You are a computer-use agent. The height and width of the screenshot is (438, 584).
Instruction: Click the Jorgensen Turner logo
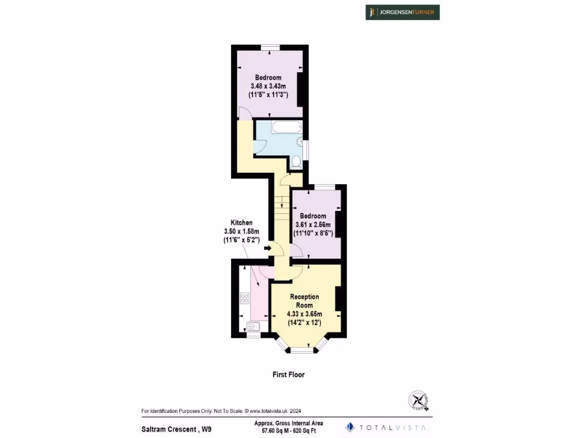(x=403, y=12)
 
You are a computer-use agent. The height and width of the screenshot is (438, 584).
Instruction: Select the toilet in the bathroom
(x=296, y=163)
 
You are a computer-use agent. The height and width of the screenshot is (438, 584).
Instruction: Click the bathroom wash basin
(x=300, y=141)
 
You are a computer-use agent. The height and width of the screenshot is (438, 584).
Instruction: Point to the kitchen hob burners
(x=245, y=298)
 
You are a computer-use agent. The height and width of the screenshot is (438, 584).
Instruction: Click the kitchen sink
(x=253, y=327)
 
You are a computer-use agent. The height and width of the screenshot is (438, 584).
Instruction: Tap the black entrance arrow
(x=267, y=248)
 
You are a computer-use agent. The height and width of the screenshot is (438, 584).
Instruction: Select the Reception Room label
(x=305, y=301)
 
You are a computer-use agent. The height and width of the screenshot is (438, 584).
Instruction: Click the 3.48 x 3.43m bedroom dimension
(x=268, y=86)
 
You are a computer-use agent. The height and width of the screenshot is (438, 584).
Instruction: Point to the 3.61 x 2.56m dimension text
(x=313, y=225)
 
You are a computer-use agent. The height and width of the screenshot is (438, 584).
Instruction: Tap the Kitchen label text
(x=241, y=222)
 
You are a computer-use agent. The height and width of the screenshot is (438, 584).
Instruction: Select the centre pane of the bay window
(x=302, y=350)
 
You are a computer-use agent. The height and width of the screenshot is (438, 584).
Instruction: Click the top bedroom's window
(x=270, y=47)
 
